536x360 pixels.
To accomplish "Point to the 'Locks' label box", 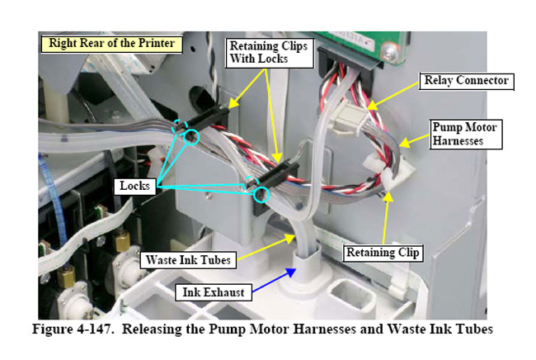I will (x=133, y=186).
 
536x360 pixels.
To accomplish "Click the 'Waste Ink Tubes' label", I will (x=188, y=260).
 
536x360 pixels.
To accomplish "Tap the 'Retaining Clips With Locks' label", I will (x=267, y=52).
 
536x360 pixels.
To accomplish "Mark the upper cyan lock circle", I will (x=192, y=136).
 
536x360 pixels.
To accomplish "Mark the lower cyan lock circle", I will (x=263, y=195).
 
